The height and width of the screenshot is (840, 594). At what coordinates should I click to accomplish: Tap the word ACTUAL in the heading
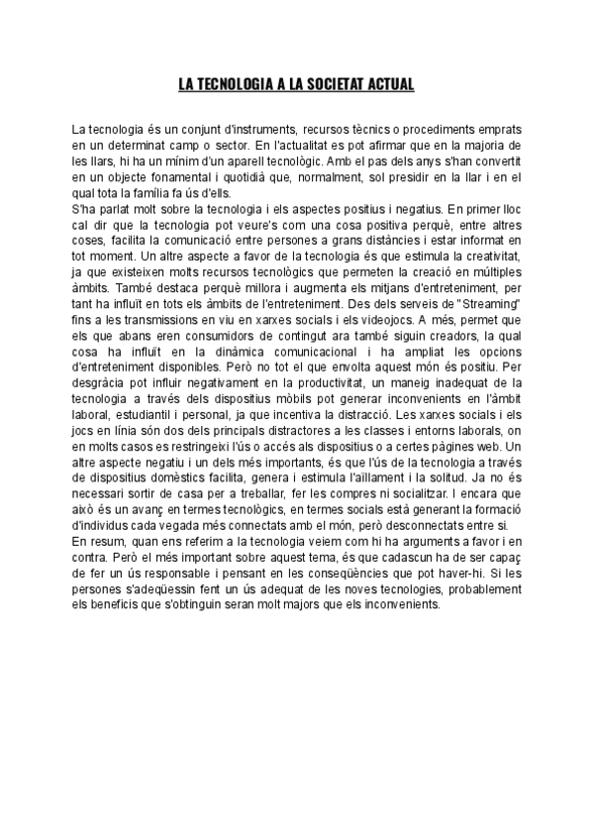(389, 84)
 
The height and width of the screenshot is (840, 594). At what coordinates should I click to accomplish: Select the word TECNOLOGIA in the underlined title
(235, 84)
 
